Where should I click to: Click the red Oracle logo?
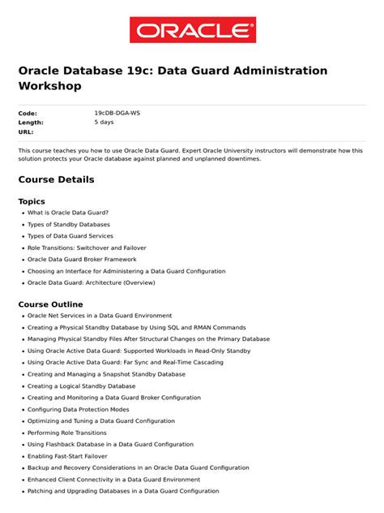pos(192,30)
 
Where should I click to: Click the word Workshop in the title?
pos(50,86)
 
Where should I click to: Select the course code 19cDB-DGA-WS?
pos(117,113)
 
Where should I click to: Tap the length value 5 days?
pos(104,122)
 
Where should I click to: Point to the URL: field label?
pos(26,131)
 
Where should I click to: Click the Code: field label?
pos(28,113)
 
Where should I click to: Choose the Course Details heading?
pos(56,179)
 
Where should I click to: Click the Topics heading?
pos(32,201)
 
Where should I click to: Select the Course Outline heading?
pos(50,304)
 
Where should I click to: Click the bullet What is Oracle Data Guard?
pos(68,213)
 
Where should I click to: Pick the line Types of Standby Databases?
pos(69,224)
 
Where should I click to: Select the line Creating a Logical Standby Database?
pos(82,386)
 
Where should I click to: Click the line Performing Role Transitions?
pos(67,433)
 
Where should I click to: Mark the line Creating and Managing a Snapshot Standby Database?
pos(106,374)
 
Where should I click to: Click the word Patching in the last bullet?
pos(41,491)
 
